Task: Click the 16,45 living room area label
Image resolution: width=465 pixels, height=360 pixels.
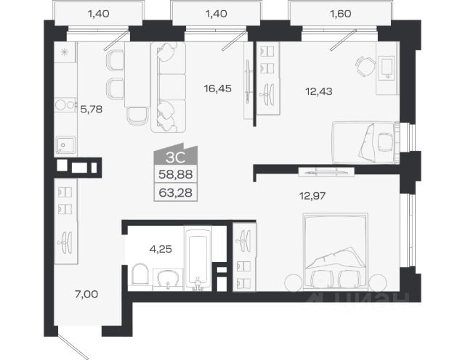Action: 218,89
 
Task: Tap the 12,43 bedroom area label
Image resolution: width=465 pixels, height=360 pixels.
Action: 319,91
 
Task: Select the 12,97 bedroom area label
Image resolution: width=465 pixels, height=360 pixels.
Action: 312,196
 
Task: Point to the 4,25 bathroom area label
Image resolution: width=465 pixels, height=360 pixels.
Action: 161,249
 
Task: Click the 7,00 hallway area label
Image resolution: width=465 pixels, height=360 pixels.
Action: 86,294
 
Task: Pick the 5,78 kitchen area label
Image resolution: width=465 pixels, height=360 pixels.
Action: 92,110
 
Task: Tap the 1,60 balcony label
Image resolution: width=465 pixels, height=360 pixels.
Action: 341,14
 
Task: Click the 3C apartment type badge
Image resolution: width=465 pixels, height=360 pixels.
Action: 176,156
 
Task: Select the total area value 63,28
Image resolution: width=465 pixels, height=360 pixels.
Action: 176,193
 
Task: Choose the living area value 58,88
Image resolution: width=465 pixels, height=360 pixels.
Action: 176,174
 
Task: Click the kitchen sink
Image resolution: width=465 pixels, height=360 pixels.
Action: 66,145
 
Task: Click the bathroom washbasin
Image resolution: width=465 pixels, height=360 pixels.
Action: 168,278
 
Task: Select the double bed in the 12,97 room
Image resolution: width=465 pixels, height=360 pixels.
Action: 336,252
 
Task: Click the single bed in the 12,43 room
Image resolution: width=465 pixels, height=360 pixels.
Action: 365,142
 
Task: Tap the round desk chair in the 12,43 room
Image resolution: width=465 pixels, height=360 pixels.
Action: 365,66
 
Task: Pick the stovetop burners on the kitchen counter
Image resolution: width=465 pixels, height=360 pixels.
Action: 65,105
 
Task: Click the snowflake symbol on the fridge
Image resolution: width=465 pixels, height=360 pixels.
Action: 64,52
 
